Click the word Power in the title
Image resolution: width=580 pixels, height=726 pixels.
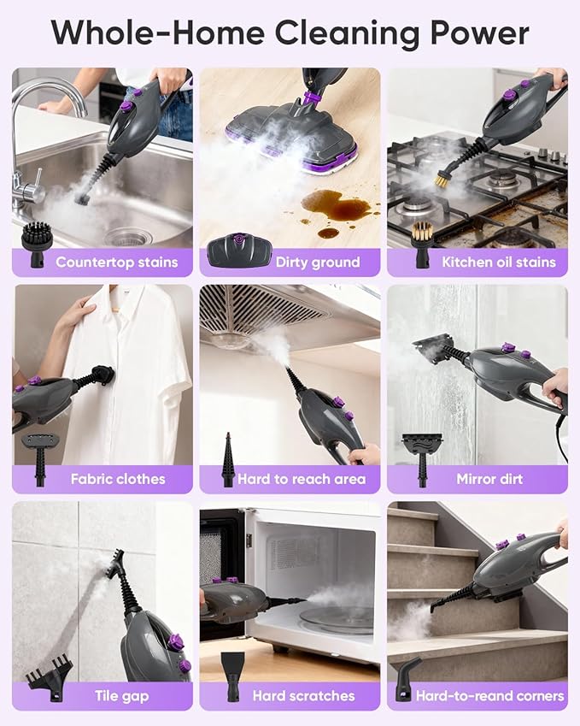pos(480,33)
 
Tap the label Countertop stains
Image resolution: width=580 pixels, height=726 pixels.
pos(117,262)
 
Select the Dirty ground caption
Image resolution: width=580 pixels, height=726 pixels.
pos(318,262)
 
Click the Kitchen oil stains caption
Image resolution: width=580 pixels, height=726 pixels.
pos(499,262)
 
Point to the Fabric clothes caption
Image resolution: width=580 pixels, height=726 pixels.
pos(118,479)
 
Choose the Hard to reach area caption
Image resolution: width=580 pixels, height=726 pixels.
pos(302,479)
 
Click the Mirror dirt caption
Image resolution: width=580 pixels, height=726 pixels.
pos(489,479)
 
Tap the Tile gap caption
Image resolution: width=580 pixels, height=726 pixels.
pos(121,696)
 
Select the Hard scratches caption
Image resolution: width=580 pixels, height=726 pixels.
pos(303,695)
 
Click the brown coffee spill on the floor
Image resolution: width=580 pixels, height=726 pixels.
pos(337,209)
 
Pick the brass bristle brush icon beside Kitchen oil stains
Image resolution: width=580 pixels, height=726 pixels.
pos(422,245)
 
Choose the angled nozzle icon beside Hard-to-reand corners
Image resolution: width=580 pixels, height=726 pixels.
pos(404,679)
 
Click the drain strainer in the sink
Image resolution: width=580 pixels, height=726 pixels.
pos(127,237)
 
